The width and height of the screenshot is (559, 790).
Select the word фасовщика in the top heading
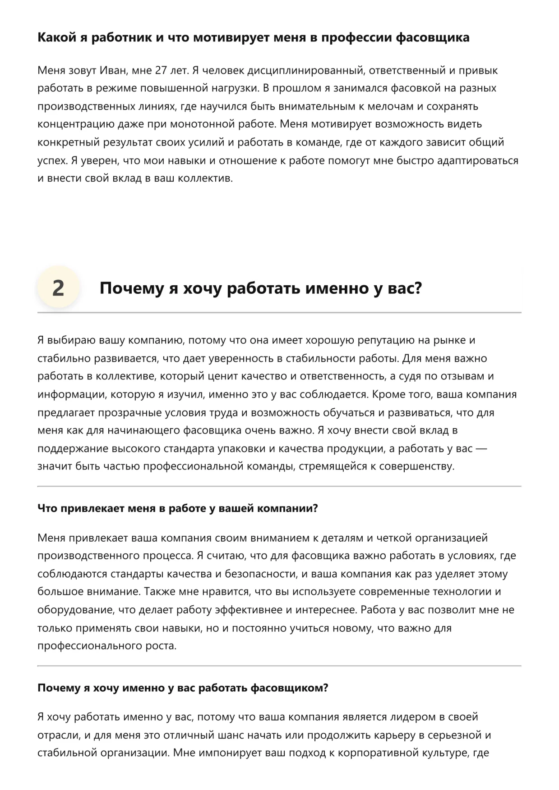(433, 37)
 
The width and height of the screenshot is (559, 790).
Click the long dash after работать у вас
(481, 448)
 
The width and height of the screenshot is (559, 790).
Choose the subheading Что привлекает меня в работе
(177, 508)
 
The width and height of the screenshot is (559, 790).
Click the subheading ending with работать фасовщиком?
(183, 688)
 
